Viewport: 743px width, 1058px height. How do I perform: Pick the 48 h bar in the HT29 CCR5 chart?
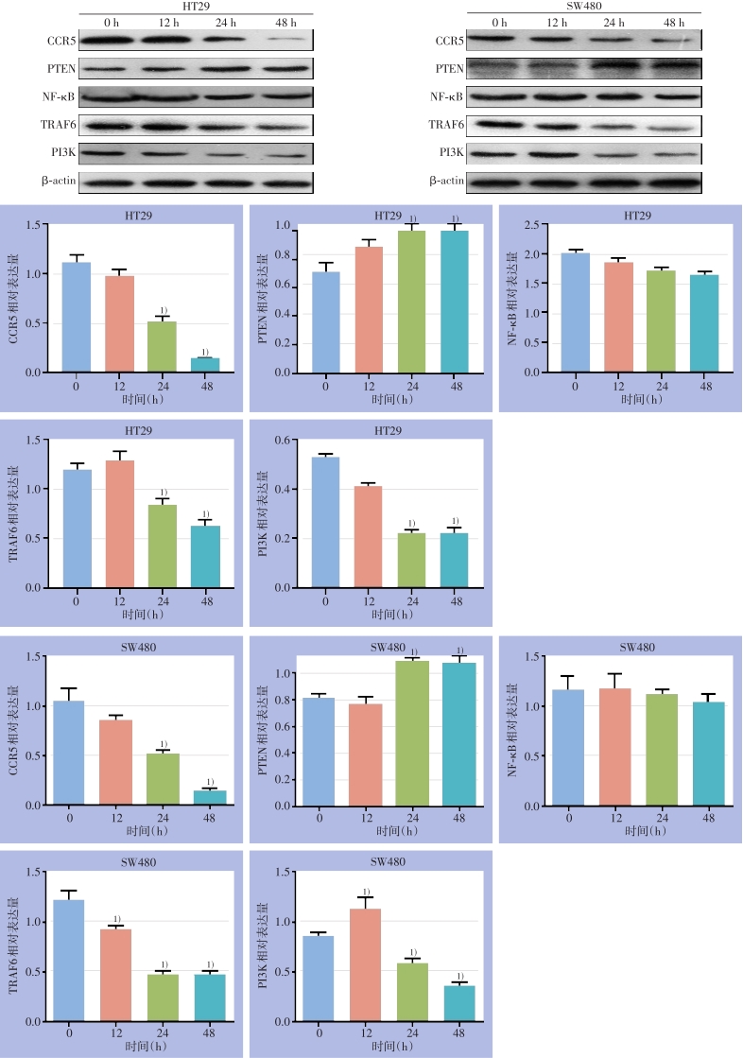click(x=205, y=365)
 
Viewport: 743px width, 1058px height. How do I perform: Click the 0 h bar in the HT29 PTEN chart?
click(x=326, y=321)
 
